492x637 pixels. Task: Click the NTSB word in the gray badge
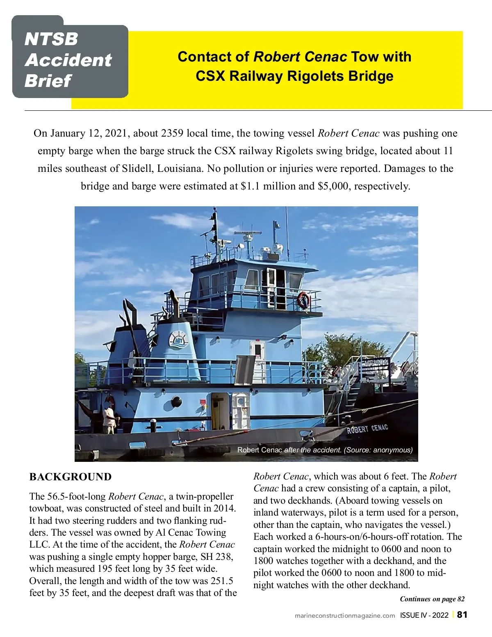(51, 39)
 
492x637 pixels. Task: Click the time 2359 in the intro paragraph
(172, 133)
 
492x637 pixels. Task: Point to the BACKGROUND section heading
(71, 477)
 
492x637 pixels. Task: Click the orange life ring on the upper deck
(303, 300)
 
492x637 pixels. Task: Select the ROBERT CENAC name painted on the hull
(367, 429)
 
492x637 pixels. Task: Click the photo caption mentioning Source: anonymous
(325, 450)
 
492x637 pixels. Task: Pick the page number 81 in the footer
(462, 614)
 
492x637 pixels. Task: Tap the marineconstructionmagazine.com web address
(345, 615)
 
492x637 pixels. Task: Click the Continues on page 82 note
(432, 599)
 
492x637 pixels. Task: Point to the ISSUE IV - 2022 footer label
(424, 615)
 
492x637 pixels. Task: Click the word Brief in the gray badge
(48, 80)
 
